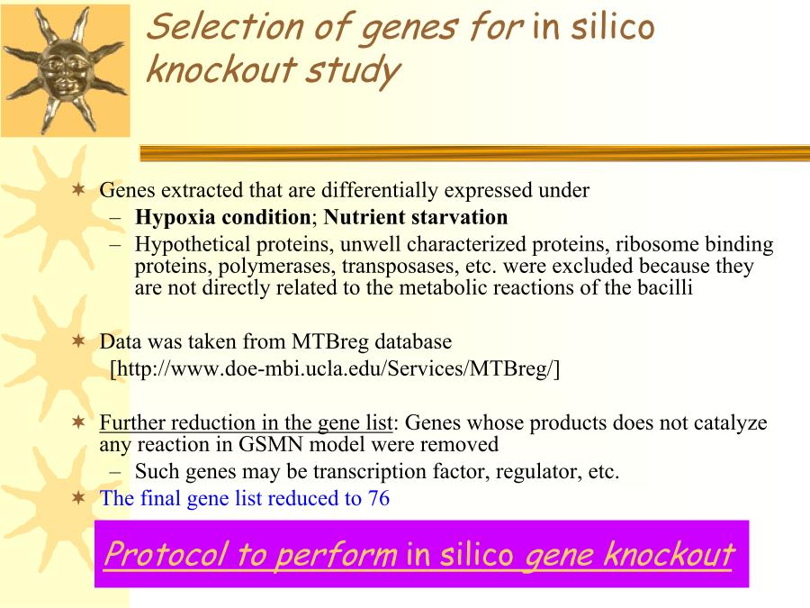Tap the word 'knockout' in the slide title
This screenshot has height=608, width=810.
[x=221, y=68]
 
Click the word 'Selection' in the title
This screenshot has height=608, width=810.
[x=225, y=26]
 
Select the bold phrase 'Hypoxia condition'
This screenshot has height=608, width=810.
[x=222, y=217]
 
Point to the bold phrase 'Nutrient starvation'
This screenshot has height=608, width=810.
[x=415, y=217]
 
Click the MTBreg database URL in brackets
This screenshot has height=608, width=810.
[x=335, y=368]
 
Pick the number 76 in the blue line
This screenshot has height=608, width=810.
[x=379, y=498]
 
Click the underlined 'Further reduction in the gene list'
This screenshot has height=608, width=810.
[x=247, y=423]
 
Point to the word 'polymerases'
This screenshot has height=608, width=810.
[x=276, y=267]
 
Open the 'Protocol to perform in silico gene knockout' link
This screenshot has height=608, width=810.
[x=418, y=554]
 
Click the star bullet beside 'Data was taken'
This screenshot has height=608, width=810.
[x=78, y=341]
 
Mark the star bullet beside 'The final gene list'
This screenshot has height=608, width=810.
[x=78, y=498]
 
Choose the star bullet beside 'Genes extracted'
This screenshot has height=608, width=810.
[x=78, y=190]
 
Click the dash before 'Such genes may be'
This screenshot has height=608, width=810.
[x=116, y=472]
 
